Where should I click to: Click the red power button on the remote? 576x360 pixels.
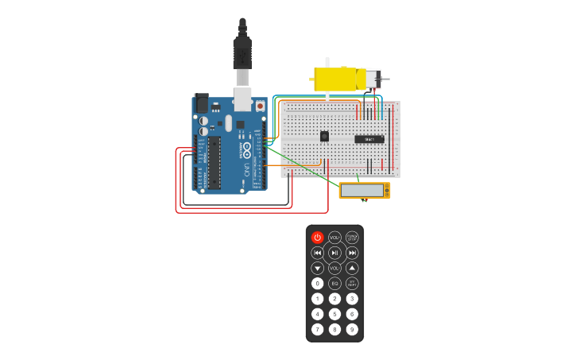point(318,238)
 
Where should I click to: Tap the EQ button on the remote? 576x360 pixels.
point(334,284)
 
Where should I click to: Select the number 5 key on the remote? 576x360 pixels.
point(334,314)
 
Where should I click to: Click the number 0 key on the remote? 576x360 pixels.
point(318,284)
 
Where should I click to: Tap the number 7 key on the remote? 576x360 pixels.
point(318,329)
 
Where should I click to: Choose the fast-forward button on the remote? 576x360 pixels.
point(352,253)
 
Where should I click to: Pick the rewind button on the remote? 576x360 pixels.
point(318,253)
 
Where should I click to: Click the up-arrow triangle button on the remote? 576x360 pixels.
point(352,268)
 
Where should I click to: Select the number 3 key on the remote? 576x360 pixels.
point(352,299)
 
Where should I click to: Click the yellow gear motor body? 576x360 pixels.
point(335,79)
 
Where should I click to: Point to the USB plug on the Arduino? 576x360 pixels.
point(242,56)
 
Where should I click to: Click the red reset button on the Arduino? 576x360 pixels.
point(260,106)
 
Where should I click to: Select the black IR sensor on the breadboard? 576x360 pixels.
point(324,136)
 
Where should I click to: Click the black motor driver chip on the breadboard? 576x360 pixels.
point(369,139)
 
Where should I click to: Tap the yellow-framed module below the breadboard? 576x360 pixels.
point(365,190)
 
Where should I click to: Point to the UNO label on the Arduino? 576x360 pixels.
point(247,169)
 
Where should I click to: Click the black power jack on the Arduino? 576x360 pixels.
point(201,103)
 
